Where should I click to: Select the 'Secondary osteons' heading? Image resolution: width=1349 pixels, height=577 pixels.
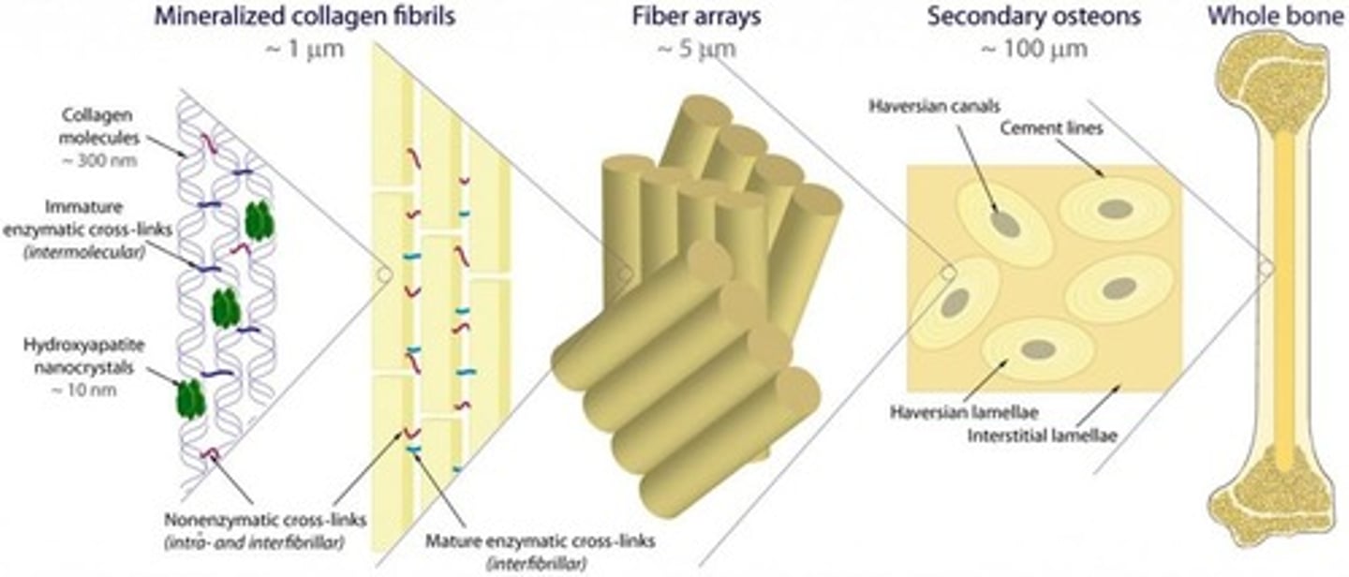point(1007,17)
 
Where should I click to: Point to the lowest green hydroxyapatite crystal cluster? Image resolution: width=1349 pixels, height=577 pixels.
point(190,398)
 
